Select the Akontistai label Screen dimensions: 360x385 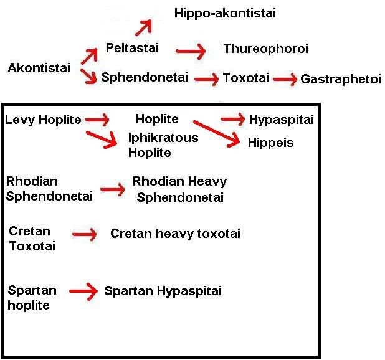click(39, 68)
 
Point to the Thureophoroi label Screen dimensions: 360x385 click(265, 49)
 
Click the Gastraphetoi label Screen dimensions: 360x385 click(340, 79)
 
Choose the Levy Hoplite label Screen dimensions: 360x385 click(42, 119)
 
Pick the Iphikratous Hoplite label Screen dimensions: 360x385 click(154, 144)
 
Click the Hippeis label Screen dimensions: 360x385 click(270, 143)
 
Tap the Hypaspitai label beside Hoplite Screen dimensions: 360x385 click(281, 119)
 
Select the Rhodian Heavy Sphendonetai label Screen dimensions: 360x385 click(179, 189)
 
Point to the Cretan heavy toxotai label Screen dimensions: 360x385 click(175, 234)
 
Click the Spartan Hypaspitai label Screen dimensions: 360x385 click(163, 291)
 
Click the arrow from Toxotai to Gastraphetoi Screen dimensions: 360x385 click(285, 79)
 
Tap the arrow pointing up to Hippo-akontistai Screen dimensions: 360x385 click(145, 28)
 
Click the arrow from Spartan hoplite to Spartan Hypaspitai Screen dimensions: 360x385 click(84, 291)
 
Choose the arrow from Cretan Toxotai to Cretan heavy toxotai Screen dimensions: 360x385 click(84, 235)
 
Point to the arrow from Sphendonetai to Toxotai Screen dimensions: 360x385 click(207, 79)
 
